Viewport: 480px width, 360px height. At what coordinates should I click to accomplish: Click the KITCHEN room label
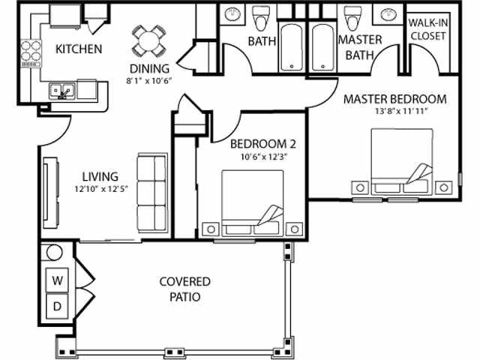point(79,49)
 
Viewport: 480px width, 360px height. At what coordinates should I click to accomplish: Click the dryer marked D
point(57,306)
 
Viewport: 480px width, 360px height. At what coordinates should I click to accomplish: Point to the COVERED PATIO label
point(184,289)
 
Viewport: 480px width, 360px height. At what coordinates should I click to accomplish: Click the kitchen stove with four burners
point(31,50)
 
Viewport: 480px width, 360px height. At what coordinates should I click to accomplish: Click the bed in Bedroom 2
point(253,202)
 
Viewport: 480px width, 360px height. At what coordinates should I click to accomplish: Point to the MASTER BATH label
point(360,46)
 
